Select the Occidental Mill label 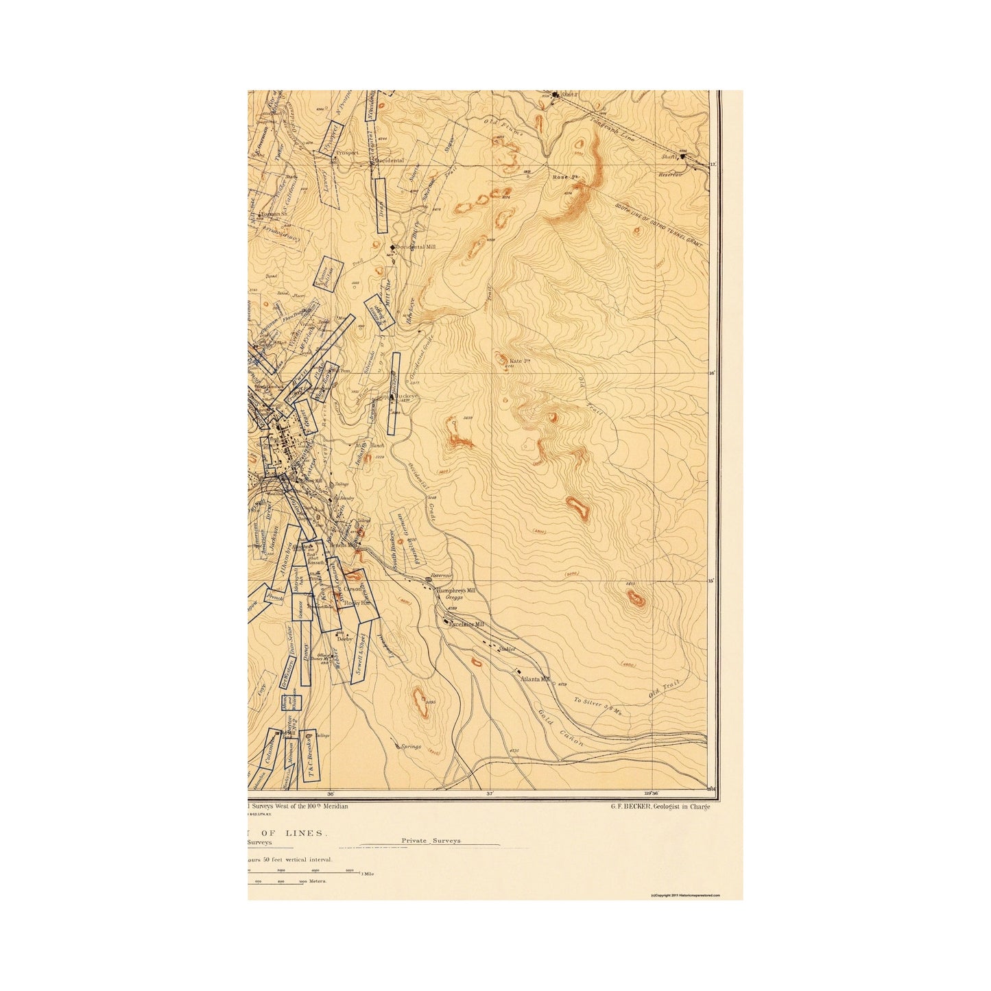(416, 247)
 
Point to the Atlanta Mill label (536, 678)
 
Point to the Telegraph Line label (612, 129)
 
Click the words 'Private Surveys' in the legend (431, 840)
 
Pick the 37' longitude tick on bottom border (490, 793)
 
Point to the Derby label (344, 638)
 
